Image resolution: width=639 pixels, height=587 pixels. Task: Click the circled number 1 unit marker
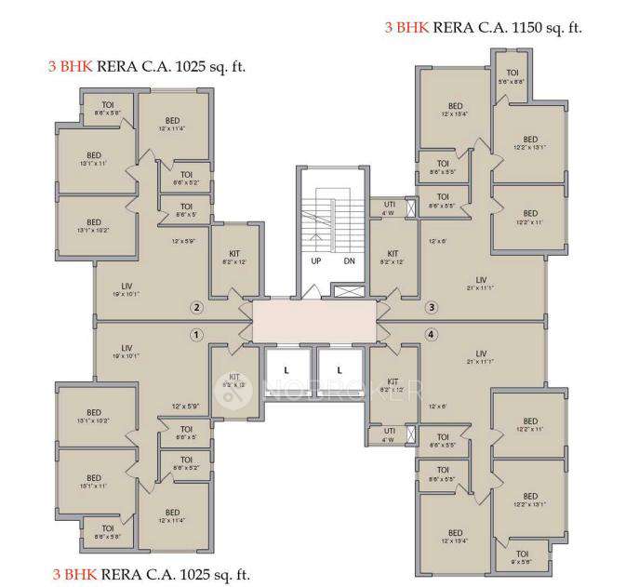click(x=196, y=334)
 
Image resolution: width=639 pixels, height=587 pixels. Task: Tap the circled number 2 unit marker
click(x=196, y=308)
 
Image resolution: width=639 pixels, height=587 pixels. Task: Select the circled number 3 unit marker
click(x=431, y=308)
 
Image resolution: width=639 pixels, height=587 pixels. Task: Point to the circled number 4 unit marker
click(x=431, y=334)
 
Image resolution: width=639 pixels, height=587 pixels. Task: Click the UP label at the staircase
click(x=316, y=261)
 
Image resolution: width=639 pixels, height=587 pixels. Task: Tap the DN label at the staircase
click(x=349, y=261)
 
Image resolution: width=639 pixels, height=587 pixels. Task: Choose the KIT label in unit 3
click(x=393, y=253)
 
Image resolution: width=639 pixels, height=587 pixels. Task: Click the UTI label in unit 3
click(x=390, y=205)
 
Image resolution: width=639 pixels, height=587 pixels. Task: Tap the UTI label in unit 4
click(x=390, y=431)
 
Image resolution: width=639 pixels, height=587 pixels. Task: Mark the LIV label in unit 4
click(x=481, y=354)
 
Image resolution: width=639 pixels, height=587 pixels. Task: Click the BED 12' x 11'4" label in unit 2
click(x=173, y=122)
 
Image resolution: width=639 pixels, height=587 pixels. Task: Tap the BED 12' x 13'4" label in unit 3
click(x=455, y=106)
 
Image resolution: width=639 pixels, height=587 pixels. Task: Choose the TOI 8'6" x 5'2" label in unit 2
click(x=186, y=174)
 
